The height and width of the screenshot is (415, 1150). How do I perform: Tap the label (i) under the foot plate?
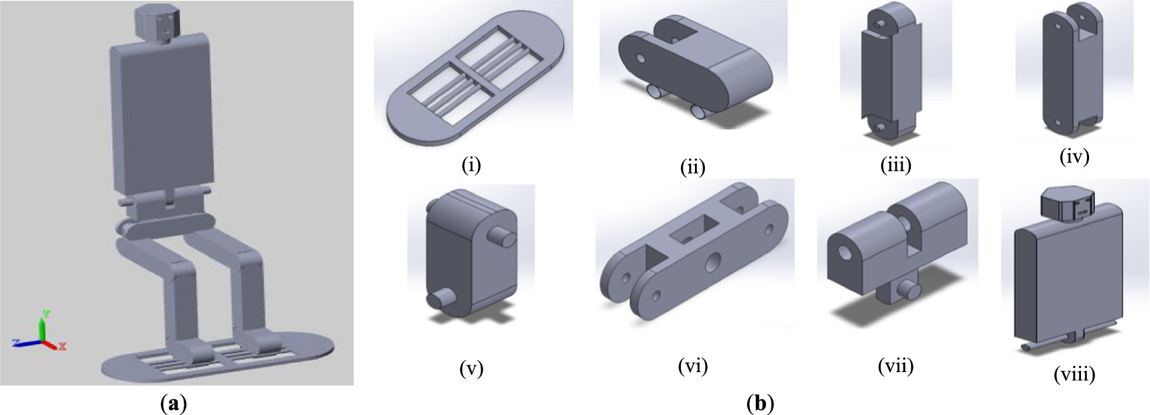click(471, 164)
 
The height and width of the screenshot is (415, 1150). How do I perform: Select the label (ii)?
click(692, 166)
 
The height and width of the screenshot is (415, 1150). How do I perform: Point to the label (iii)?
click(895, 164)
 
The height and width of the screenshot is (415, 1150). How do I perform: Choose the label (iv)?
click(1074, 156)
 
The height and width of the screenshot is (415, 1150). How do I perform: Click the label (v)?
click(471, 367)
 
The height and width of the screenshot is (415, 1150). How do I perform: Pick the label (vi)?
click(692, 365)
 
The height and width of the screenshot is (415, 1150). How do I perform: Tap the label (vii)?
click(895, 365)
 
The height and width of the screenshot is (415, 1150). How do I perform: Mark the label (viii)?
click(1074, 373)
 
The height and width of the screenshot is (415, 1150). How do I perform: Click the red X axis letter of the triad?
click(62, 347)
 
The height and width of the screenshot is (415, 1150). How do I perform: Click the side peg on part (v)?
click(504, 237)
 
